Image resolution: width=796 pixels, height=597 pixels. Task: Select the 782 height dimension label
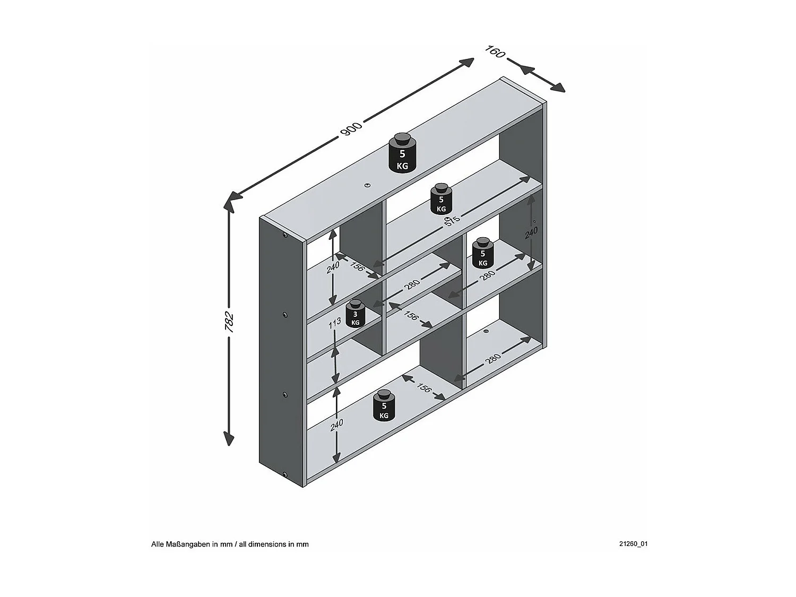[229, 322]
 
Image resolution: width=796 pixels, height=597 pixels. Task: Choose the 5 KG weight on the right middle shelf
[483, 253]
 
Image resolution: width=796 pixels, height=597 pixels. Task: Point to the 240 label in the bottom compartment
[336, 426]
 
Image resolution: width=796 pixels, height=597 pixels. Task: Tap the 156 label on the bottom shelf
[423, 387]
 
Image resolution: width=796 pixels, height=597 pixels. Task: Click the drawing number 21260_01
[633, 544]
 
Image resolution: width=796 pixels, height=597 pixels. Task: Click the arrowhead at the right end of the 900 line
[468, 62]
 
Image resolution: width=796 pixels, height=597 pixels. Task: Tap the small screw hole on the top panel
[367, 185]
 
